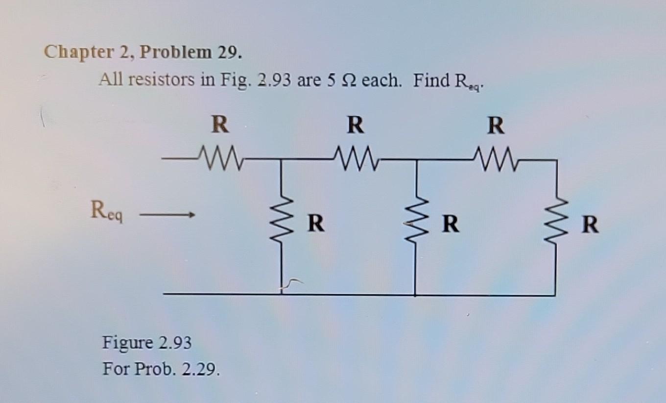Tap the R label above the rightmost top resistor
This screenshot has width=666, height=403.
point(496,126)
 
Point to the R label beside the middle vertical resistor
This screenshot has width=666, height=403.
point(451,224)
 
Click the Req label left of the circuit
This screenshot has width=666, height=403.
point(107,214)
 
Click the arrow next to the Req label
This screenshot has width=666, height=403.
point(168,215)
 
